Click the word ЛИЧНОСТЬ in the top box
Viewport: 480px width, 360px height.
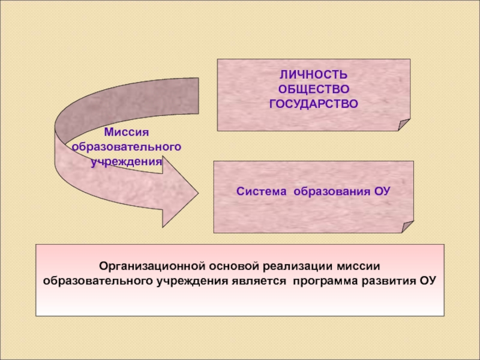[313, 76]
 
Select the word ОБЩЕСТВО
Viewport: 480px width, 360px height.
[313, 89]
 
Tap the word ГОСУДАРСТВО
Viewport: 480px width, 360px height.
[313, 103]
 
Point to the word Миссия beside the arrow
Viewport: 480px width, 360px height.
[126, 132]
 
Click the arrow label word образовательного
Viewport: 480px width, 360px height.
[126, 146]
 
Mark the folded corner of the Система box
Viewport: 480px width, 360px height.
[407, 227]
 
